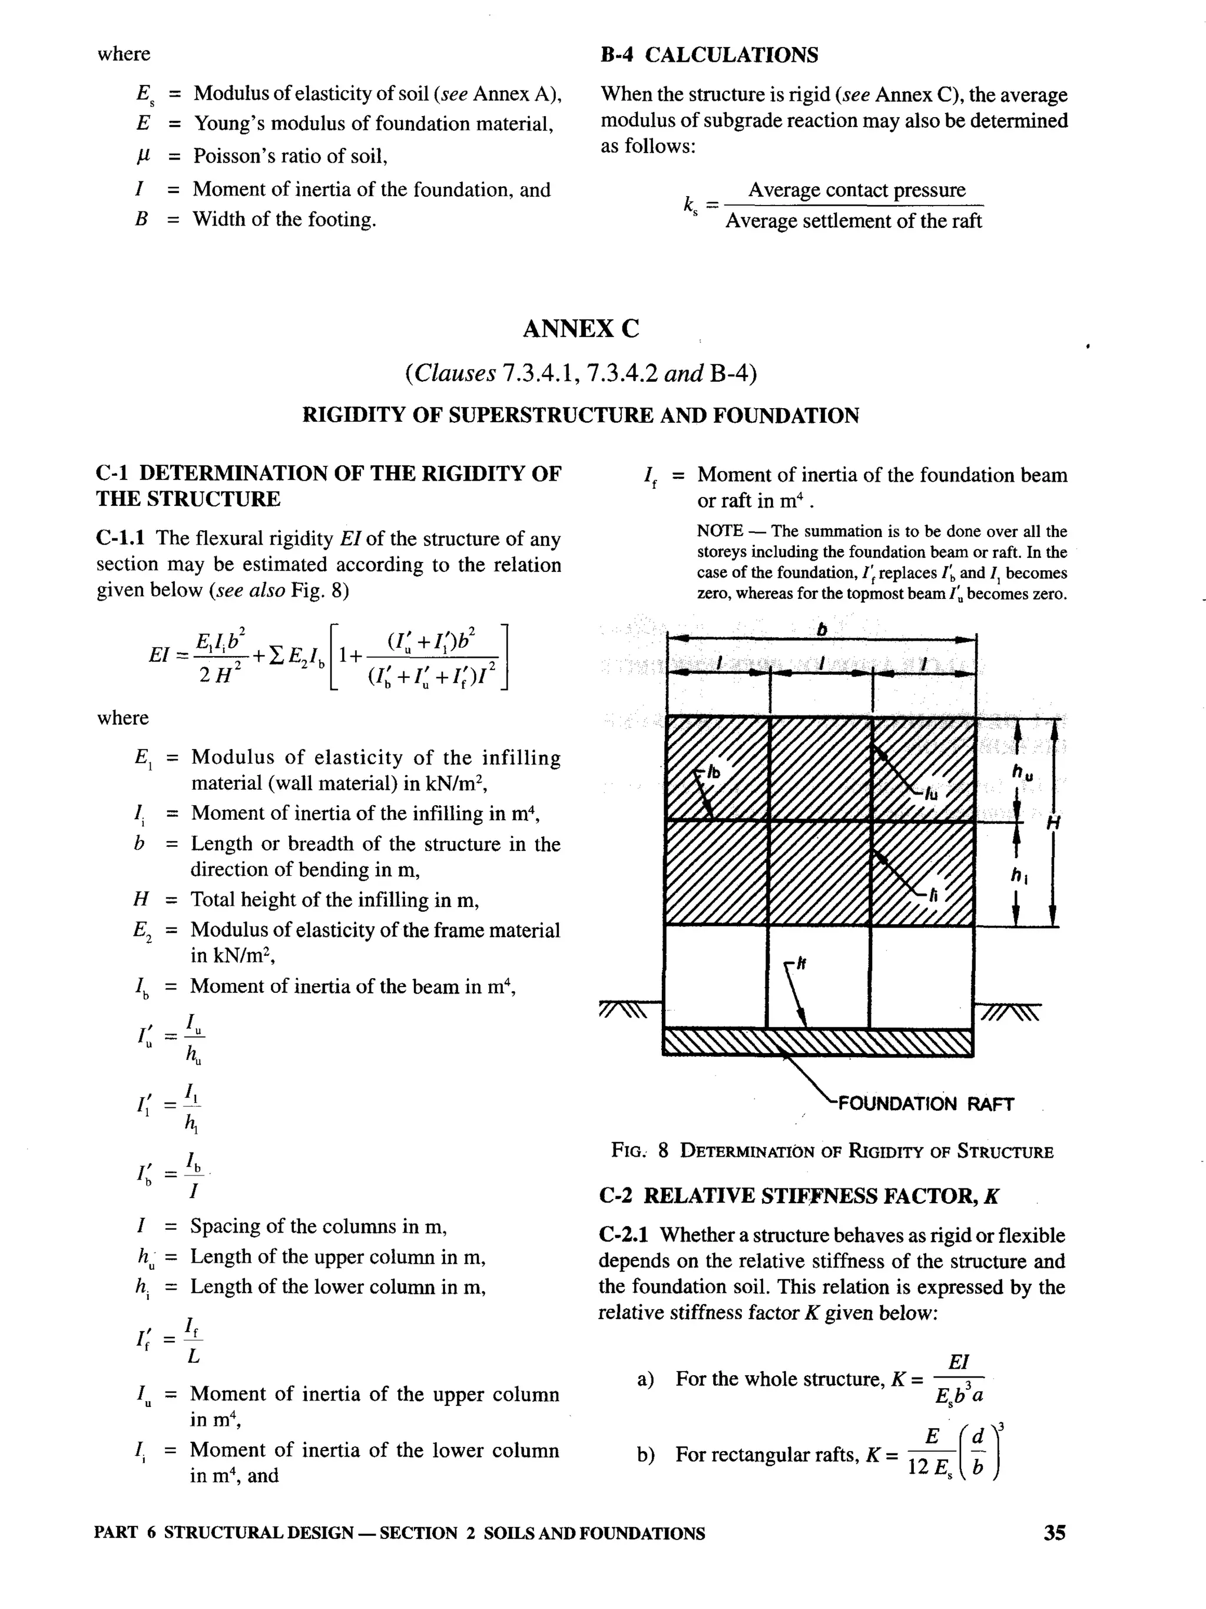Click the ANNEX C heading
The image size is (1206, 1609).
click(581, 329)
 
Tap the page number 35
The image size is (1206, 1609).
click(1054, 1532)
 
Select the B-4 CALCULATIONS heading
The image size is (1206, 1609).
click(709, 55)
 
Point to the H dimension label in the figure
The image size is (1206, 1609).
click(1052, 823)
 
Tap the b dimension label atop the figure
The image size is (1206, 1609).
click(821, 630)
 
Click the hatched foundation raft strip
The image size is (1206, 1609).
click(817, 1042)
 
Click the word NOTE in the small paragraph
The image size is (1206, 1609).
click(720, 531)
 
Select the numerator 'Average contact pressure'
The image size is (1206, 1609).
click(856, 191)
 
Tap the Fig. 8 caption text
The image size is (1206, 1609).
click(832, 1151)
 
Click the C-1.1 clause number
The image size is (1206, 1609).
click(120, 538)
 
